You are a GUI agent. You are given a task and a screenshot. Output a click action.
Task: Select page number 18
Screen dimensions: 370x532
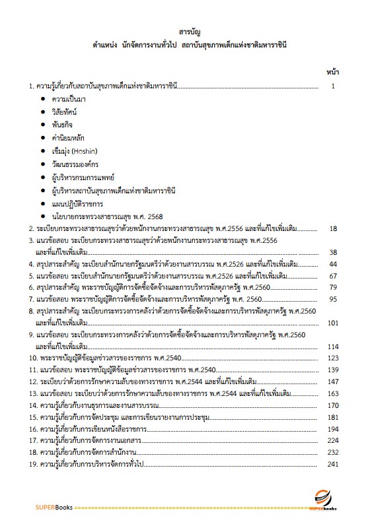pos(333,228)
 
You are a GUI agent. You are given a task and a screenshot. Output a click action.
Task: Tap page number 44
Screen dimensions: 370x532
pos(333,264)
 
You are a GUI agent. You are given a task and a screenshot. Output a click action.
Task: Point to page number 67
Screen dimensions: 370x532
pos(333,276)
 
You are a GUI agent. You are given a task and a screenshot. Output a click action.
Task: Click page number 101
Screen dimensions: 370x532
pos(333,323)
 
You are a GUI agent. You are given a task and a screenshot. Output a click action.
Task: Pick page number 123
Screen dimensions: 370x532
pos(333,358)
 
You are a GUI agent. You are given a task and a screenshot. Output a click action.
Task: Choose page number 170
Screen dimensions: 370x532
pos(333,405)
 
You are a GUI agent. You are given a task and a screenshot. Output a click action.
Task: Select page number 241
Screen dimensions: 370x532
pos(333,465)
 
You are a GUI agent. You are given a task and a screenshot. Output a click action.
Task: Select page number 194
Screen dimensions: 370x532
pos(333,429)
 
